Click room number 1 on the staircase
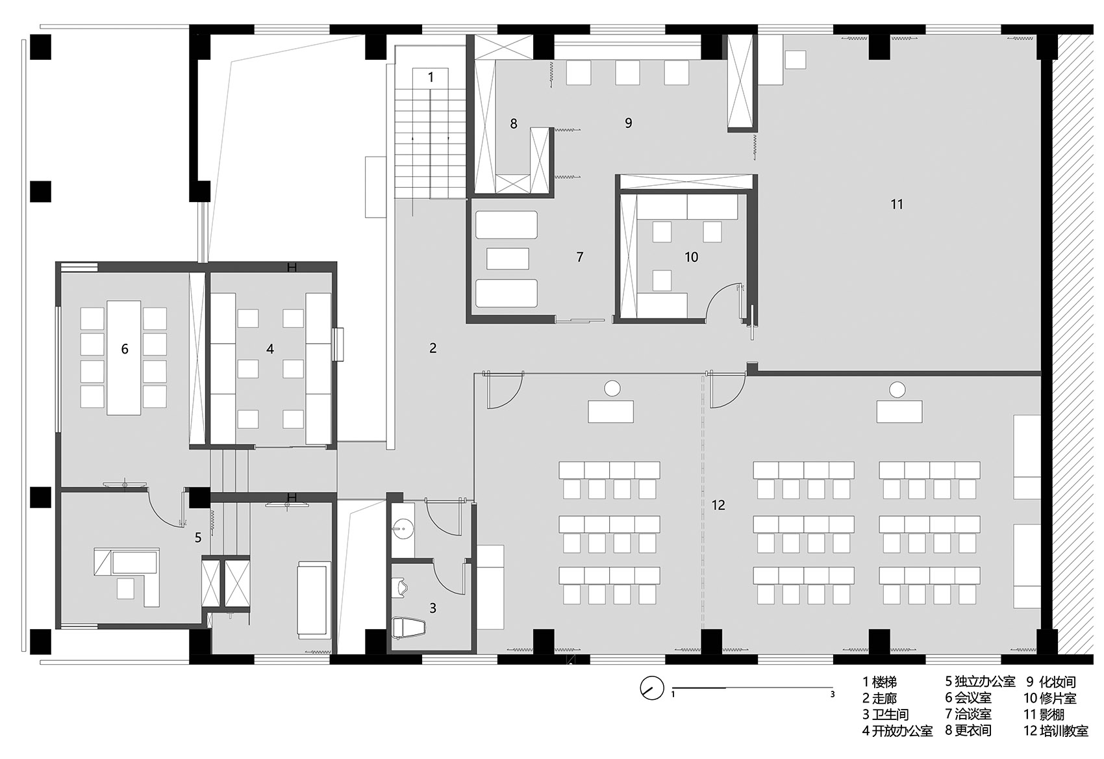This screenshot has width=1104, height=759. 431,77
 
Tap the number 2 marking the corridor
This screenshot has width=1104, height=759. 433,348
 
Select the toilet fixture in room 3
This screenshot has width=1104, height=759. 408,629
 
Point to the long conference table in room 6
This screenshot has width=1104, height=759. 124,357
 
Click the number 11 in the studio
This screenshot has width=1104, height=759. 896,204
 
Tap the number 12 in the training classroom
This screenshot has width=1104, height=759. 718,505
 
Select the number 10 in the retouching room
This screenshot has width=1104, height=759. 691,257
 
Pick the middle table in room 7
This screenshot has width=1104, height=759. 508,259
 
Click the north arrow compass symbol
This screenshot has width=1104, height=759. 651,688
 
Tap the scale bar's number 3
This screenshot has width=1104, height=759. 833,695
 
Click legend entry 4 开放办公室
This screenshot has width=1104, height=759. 897,731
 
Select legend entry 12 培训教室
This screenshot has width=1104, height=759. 1056,730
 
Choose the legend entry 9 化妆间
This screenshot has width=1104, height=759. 1051,682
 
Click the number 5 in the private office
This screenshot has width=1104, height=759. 197,537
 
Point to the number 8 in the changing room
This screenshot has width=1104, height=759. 514,123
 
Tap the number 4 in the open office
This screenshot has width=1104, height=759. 270,349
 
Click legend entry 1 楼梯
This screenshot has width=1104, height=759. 880,682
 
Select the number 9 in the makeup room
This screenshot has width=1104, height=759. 629,123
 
